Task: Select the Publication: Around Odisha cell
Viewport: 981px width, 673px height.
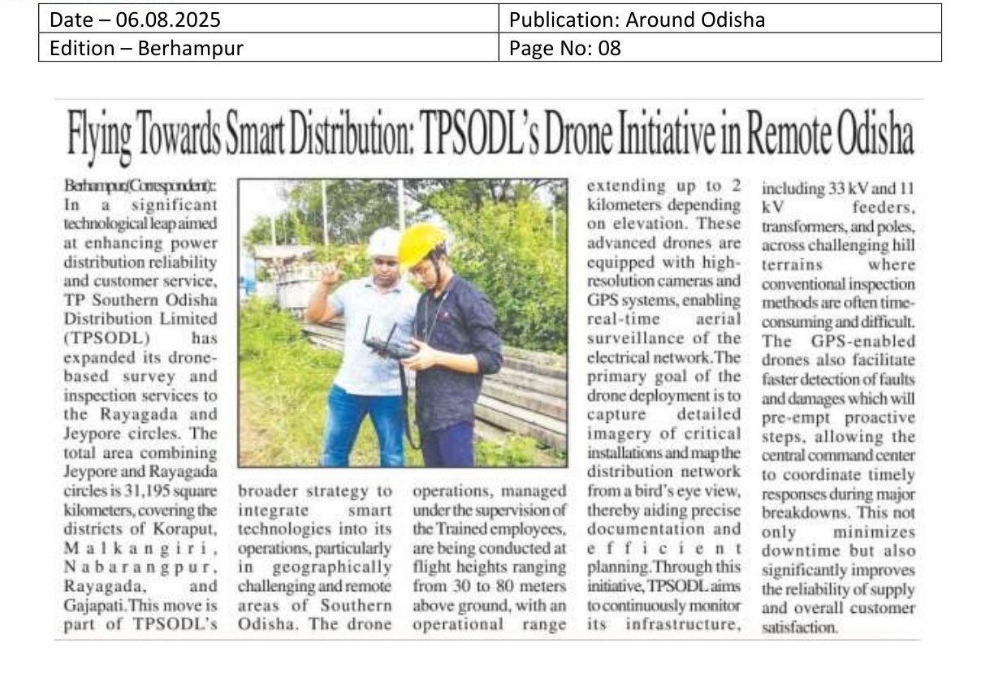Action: pyautogui.click(x=637, y=19)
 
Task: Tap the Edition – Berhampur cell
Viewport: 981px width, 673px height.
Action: pyautogui.click(x=146, y=48)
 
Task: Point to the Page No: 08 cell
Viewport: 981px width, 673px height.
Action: pyautogui.click(x=564, y=48)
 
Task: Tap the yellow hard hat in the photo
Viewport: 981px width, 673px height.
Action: pyautogui.click(x=421, y=244)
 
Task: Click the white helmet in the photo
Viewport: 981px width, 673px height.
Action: pyautogui.click(x=383, y=242)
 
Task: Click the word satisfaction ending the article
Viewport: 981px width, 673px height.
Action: pyautogui.click(x=799, y=626)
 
